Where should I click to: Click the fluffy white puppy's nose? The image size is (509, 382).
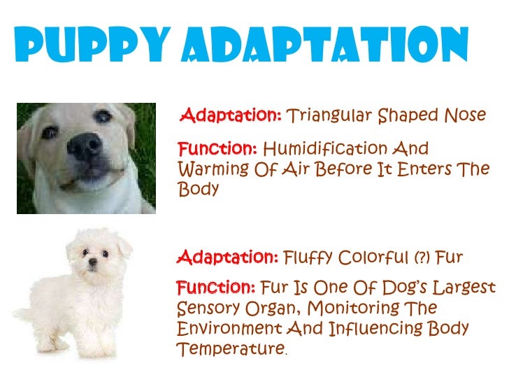pyautogui.click(x=93, y=267)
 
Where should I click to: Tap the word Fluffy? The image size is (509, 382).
pyautogui.click(x=308, y=258)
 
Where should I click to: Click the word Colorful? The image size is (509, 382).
pyautogui.click(x=371, y=258)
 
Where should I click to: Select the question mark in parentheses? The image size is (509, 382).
pyautogui.click(x=420, y=258)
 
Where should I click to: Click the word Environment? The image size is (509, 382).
pyautogui.click(x=230, y=329)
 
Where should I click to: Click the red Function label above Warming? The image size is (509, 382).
pyautogui.click(x=217, y=150)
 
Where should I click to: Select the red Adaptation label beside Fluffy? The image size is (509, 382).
pyautogui.click(x=229, y=258)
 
